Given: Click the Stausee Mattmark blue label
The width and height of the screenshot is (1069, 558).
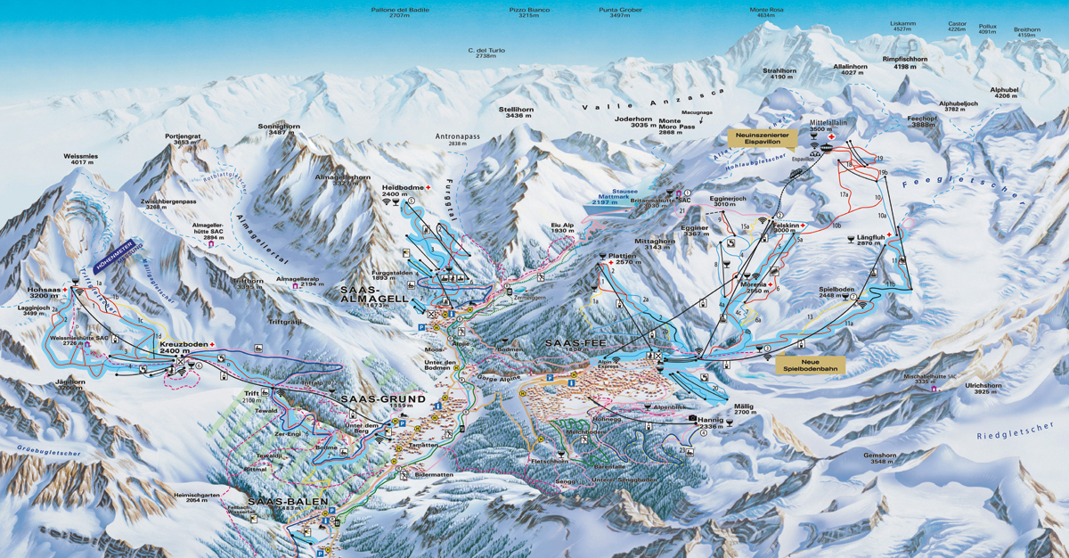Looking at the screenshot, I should tap(610, 198).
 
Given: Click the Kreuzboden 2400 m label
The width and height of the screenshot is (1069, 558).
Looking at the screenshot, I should tap(183, 348).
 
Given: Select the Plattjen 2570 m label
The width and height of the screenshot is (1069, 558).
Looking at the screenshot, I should tap(626, 259).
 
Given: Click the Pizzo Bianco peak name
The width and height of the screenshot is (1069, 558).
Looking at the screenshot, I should tap(529, 12).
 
